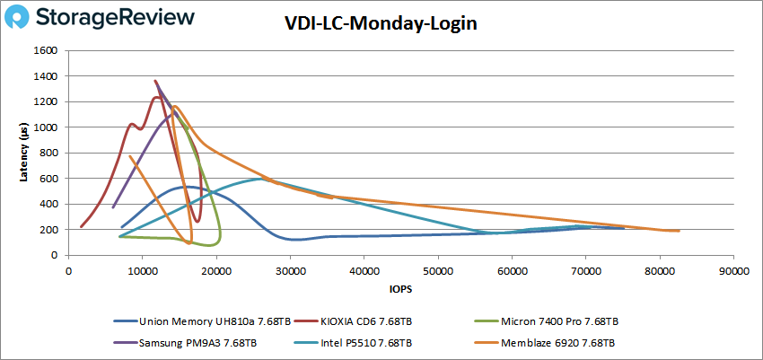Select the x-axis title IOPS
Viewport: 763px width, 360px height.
click(400, 290)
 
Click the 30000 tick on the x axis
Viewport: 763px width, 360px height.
click(290, 269)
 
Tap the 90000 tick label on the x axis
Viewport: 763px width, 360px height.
click(733, 269)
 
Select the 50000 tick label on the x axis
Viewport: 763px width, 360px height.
click(437, 269)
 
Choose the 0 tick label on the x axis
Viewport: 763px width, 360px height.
click(68, 269)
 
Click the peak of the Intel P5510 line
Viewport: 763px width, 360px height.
click(260, 179)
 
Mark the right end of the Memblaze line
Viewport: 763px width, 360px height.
click(680, 231)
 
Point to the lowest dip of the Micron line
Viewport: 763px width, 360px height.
click(210, 245)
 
